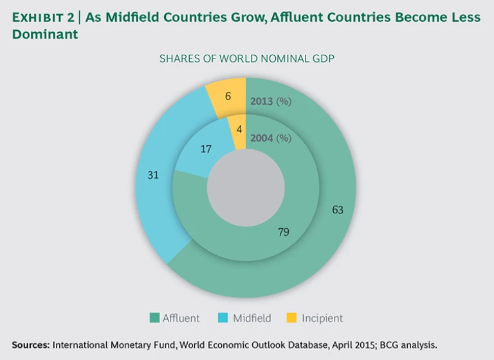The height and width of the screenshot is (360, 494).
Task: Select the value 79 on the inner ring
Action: click(x=282, y=232)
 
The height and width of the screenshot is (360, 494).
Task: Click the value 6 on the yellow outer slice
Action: click(x=228, y=96)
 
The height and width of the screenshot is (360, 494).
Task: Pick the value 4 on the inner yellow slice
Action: click(x=239, y=129)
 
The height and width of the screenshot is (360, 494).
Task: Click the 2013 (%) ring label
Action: click(x=270, y=101)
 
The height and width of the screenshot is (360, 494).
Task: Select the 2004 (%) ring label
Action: click(x=270, y=138)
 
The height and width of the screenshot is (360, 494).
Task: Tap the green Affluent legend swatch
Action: click(x=154, y=318)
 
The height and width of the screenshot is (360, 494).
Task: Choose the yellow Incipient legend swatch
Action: click(x=291, y=318)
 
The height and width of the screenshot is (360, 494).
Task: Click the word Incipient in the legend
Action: click(x=322, y=318)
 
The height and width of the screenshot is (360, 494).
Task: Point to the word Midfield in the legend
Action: click(x=252, y=318)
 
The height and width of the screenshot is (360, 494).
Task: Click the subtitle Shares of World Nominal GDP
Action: click(x=246, y=59)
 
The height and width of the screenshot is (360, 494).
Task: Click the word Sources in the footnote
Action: click(x=30, y=345)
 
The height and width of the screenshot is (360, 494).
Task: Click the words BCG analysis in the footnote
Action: click(x=407, y=345)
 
